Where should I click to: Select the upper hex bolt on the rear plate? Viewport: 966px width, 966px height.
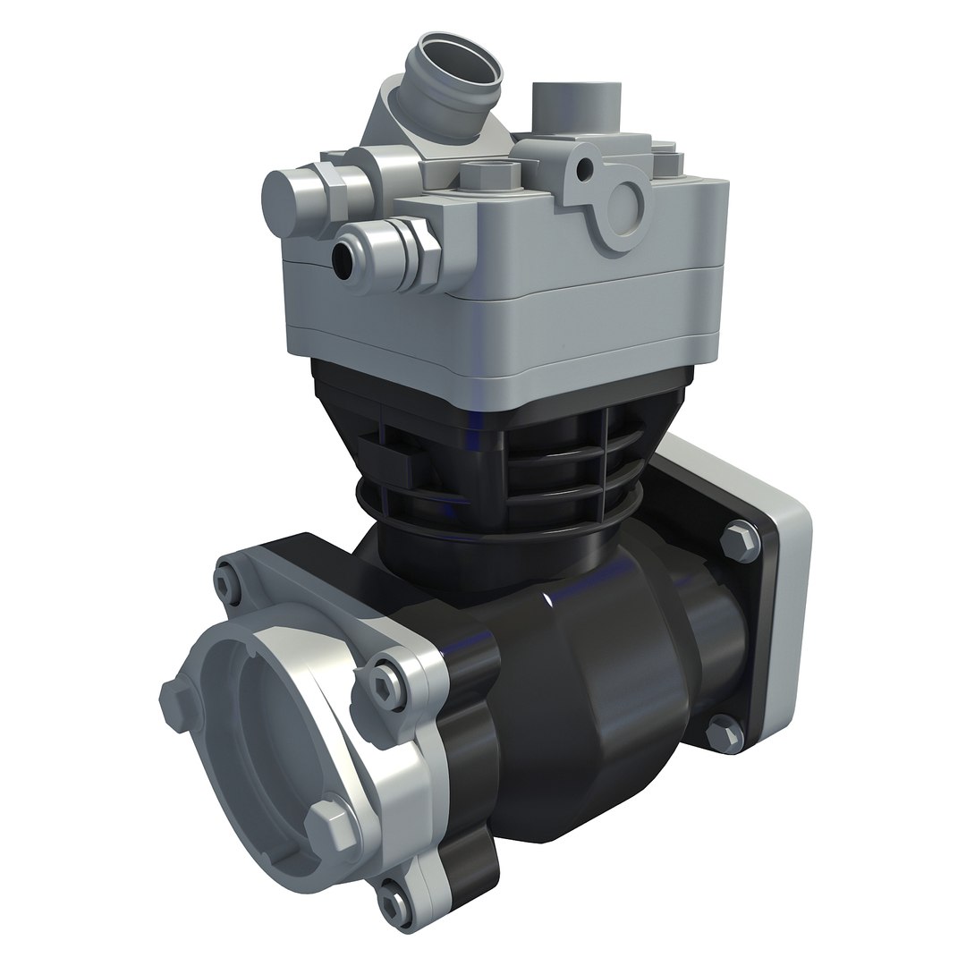pos(739,539)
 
